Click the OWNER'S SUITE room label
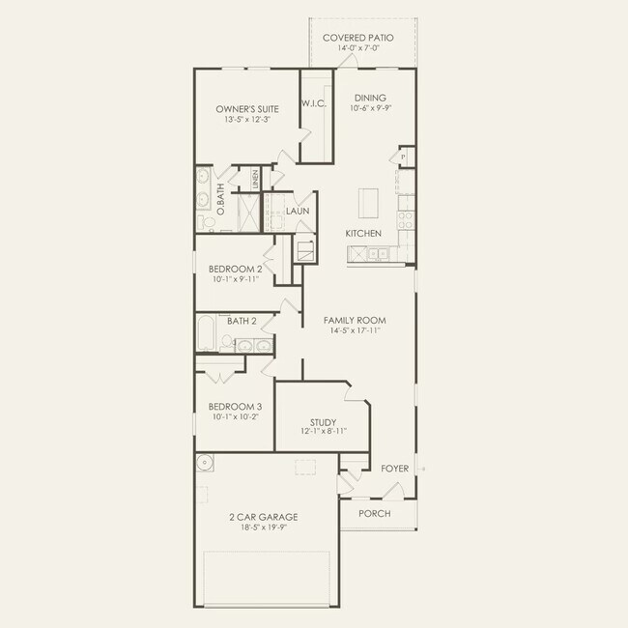tap(243, 110)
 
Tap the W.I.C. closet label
tap(312, 103)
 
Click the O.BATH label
tap(220, 199)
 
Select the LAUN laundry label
tap(297, 210)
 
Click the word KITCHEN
tap(363, 234)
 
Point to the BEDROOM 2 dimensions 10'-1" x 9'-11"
tap(236, 279)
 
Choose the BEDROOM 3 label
tap(236, 407)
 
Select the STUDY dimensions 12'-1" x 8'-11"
tap(323, 432)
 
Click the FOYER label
tap(395, 469)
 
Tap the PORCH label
tap(374, 513)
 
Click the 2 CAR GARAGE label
tap(263, 517)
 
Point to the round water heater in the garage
tap(206, 464)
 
